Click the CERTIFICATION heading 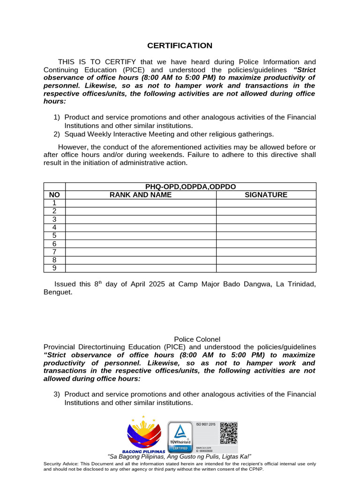pos(180,45)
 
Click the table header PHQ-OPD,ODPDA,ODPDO pos(190,187)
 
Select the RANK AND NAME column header pos(140,195)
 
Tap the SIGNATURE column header pos(266,195)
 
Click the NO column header pos(54,195)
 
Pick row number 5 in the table pos(54,235)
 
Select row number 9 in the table pos(54,268)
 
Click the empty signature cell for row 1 pos(266,203)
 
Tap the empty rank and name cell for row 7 pos(140,252)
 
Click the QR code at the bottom pos(229,433)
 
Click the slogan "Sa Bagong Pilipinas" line pos(180,457)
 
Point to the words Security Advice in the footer pos(59,464)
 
